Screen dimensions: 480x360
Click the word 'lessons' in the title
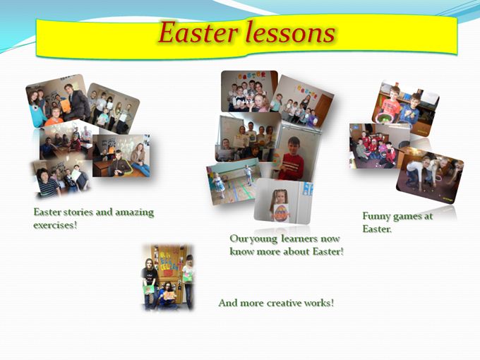(290, 32)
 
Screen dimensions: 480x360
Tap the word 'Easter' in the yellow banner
(198, 32)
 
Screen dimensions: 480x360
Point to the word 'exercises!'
(55, 225)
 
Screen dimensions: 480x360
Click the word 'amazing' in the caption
(134, 212)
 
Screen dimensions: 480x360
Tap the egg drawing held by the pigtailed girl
(282, 212)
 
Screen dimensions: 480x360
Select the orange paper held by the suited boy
(66, 105)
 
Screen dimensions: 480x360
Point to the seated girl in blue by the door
(167, 296)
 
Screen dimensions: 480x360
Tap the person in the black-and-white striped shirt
(48, 183)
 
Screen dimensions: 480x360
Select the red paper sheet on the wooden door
(169, 295)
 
